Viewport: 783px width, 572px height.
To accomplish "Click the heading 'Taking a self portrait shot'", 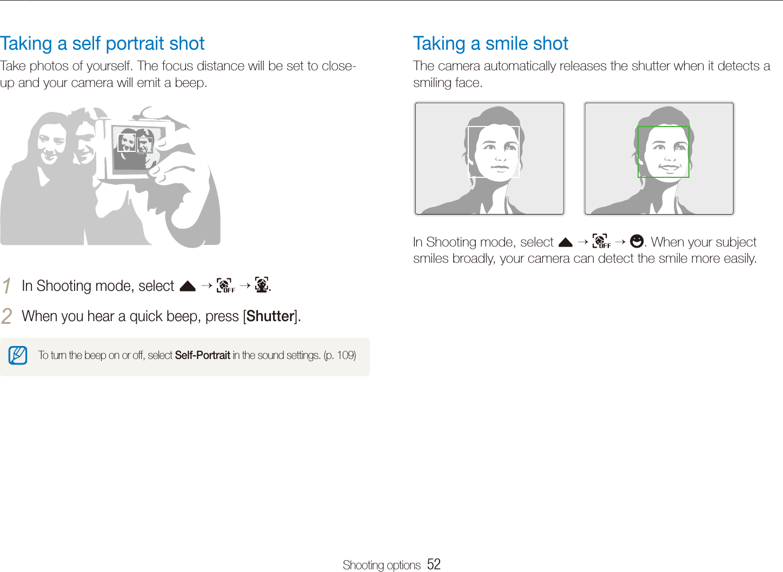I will click(x=102, y=43).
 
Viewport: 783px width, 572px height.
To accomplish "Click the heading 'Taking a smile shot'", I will click(x=490, y=43).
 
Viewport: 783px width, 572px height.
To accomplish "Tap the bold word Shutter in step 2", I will click(x=270, y=316).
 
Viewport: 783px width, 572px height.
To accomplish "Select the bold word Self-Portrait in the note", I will click(x=202, y=355).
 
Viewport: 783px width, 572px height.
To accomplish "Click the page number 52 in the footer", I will click(x=434, y=564).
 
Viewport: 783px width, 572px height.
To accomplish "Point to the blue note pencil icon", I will click(x=18, y=356).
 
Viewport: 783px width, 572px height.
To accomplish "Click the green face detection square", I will click(x=663, y=152).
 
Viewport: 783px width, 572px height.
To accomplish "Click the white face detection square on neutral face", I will click(x=493, y=152).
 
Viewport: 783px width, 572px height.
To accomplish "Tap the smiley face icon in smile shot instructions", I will click(x=636, y=241).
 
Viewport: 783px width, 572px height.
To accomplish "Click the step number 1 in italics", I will click(x=6, y=285).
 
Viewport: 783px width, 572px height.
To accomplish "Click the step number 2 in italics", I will click(x=6, y=316).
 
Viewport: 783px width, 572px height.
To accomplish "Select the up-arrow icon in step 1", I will click(x=187, y=286).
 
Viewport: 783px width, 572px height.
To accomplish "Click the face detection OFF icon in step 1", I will click(x=225, y=285).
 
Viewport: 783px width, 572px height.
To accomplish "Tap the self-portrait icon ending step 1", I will click(x=262, y=285).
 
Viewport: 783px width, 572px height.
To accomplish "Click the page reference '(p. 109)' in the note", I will click(x=340, y=355).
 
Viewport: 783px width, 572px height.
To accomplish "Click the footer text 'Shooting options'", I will click(x=381, y=565).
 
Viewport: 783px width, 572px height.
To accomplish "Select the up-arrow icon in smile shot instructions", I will click(x=565, y=242).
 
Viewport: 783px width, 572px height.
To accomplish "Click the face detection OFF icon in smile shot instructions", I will click(x=601, y=241).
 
